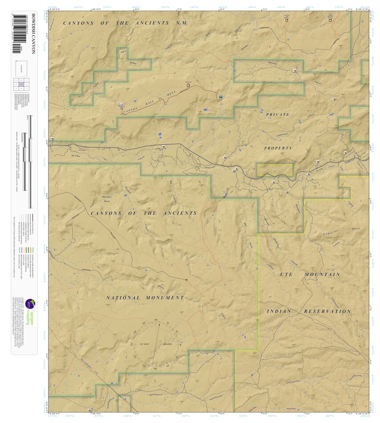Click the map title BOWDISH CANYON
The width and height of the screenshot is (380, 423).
click(x=33, y=33)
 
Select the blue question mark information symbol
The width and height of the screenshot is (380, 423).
click(x=221, y=96)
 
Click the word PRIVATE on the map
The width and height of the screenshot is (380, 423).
click(x=278, y=115)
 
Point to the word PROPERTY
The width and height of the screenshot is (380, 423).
click(x=278, y=148)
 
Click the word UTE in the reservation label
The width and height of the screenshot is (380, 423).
click(x=286, y=275)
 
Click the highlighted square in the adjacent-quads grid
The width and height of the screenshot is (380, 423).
click(x=21, y=84)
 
